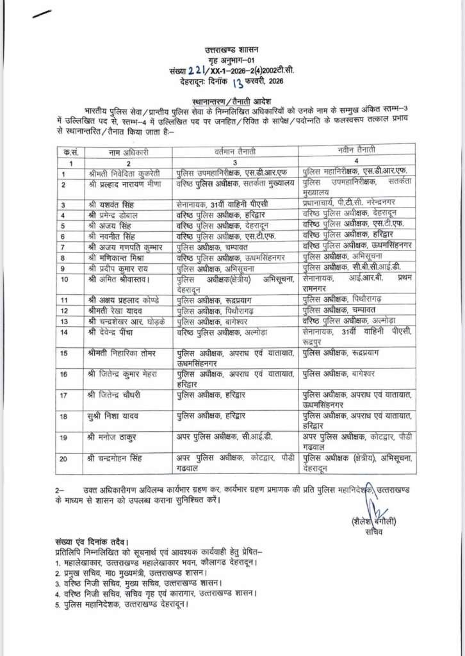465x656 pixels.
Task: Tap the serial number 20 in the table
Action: click(x=64, y=459)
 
